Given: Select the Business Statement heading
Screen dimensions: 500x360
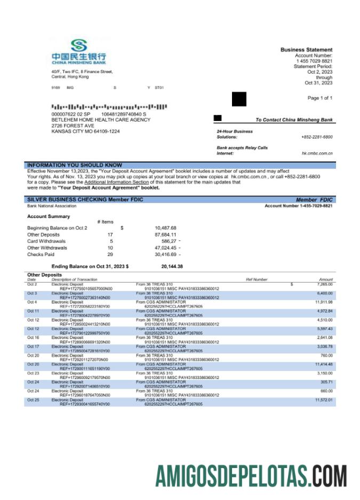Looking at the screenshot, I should (x=306, y=50).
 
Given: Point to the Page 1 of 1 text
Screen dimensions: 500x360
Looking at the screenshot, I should (x=319, y=98).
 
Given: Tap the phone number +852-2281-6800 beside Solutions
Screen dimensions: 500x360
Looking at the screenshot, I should (x=317, y=137).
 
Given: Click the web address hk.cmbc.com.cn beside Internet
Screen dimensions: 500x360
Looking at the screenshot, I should (x=317, y=154).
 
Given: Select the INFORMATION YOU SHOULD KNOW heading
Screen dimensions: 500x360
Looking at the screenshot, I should (x=75, y=165).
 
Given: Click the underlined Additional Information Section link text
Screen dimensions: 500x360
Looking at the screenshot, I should (x=116, y=182).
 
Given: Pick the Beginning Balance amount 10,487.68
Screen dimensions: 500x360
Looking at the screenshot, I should (x=165, y=228).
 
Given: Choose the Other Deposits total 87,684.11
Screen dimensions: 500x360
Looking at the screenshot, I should (x=165, y=235).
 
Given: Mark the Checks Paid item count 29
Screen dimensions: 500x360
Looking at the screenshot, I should (x=110, y=254).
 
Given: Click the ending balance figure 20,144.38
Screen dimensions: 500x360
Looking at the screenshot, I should (x=172, y=266).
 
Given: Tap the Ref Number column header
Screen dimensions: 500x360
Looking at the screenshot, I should (x=257, y=279).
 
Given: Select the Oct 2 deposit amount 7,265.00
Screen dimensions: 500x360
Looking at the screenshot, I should (x=324, y=285).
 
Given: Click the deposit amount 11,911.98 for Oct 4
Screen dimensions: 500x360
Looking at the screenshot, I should (x=324, y=302).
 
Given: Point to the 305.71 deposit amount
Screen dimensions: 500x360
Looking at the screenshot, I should (x=326, y=382).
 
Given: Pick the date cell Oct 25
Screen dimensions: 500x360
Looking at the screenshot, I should (x=33, y=400).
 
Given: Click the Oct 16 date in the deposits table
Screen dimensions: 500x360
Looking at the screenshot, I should (x=33, y=337).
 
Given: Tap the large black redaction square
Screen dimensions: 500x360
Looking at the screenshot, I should (x=239, y=99).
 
